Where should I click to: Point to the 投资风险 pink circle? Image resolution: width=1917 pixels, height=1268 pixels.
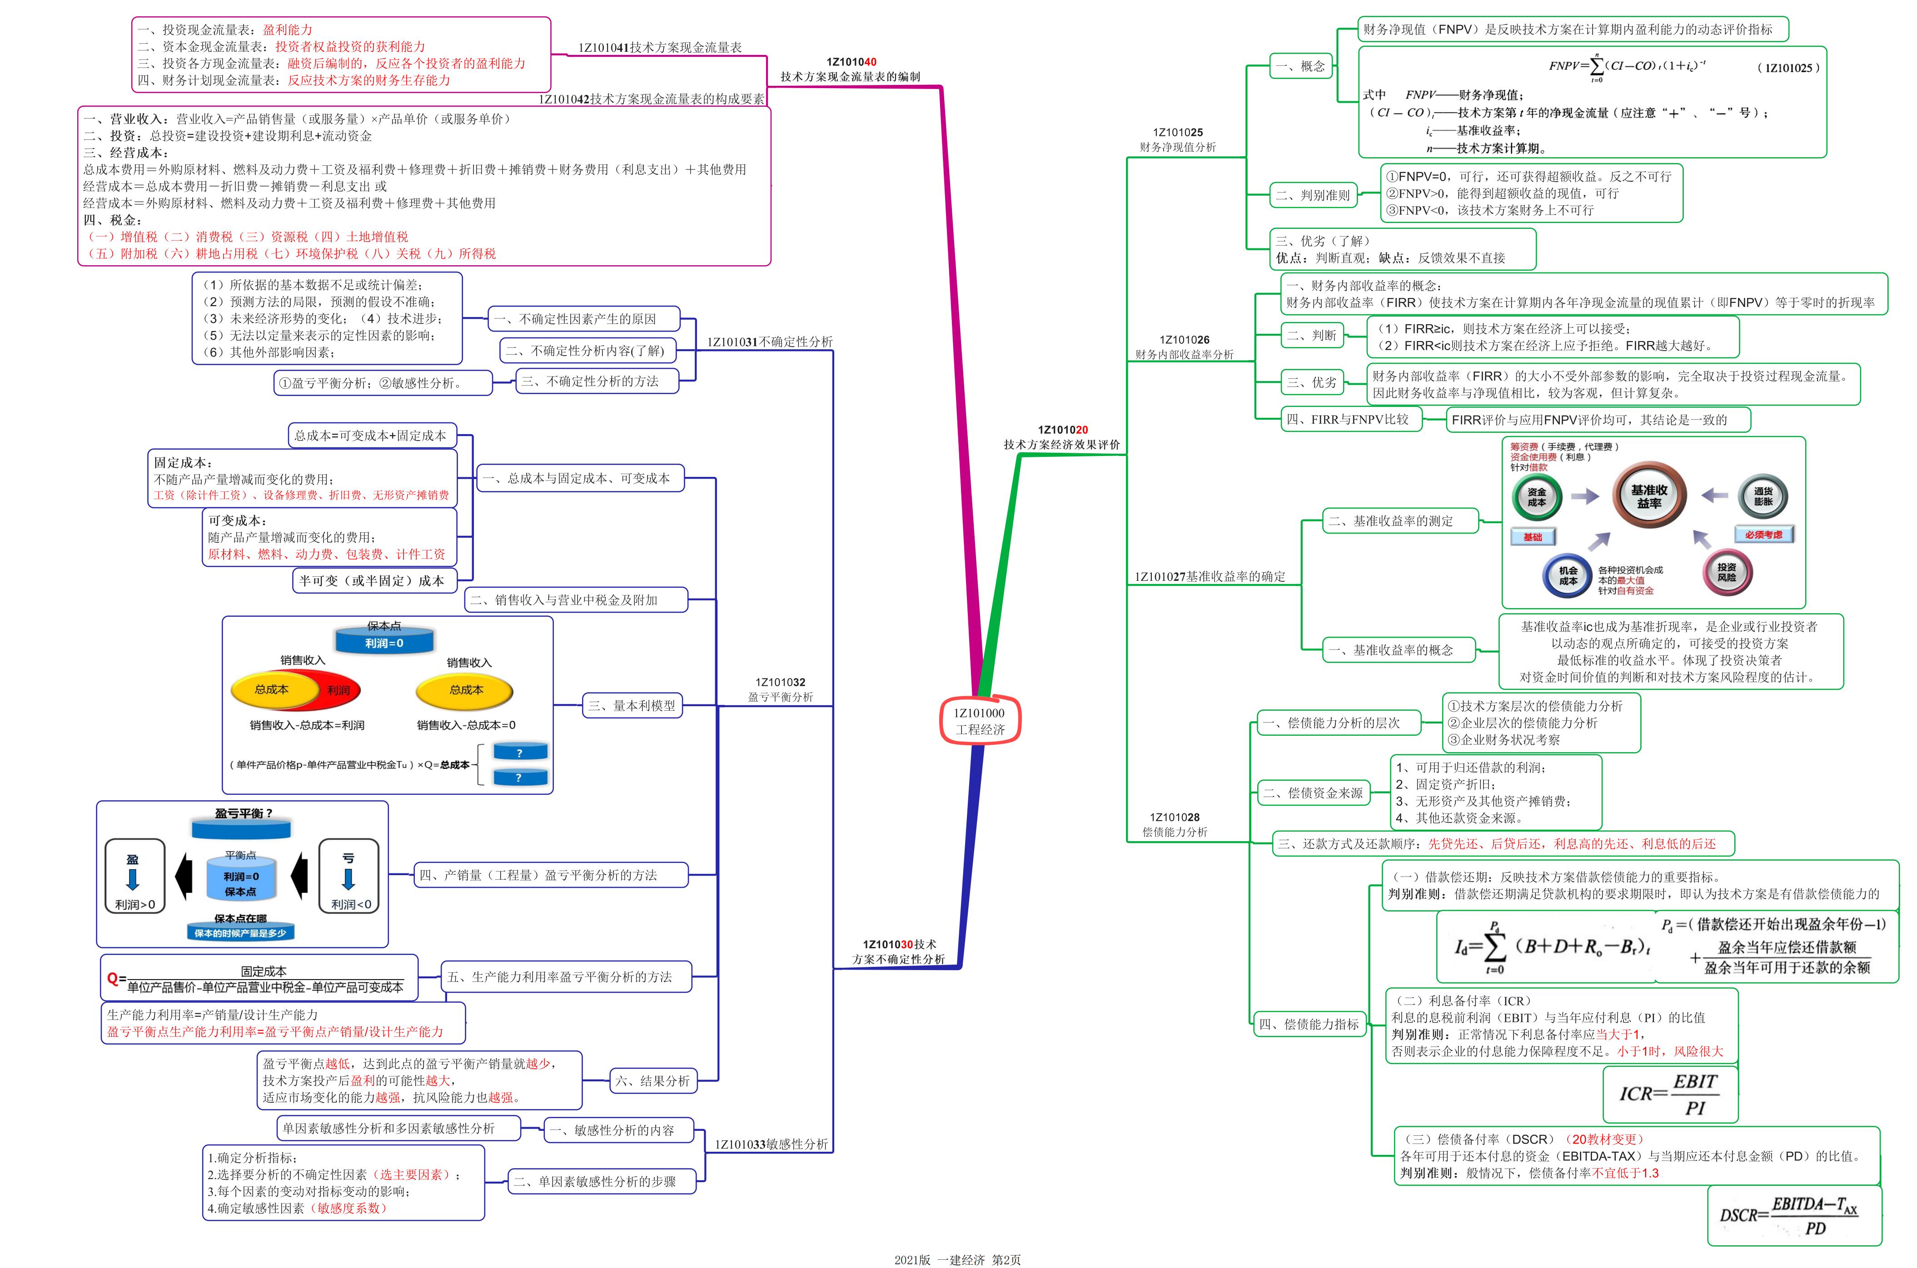(x=1727, y=573)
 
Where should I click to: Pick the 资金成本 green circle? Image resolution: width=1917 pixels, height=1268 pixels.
(x=1537, y=496)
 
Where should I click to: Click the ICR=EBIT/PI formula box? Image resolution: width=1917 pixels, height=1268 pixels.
(x=1670, y=1094)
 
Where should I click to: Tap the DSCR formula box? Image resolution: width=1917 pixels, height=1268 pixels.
(x=1794, y=1215)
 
